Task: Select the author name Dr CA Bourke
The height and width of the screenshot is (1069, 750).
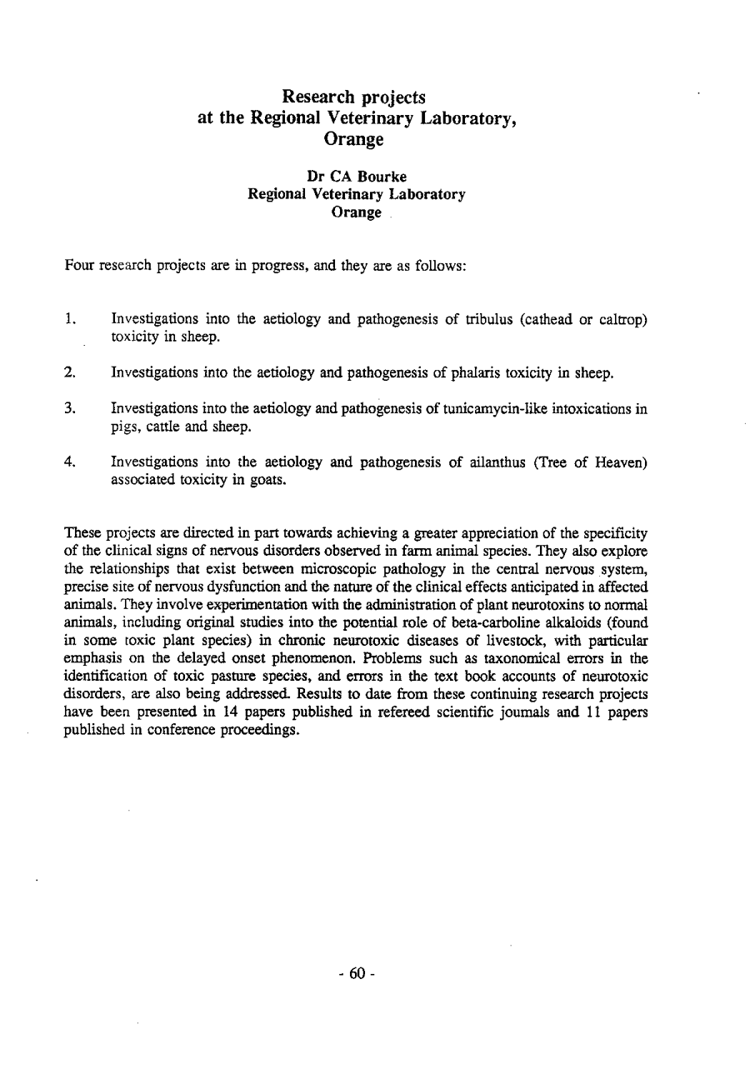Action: click(357, 176)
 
